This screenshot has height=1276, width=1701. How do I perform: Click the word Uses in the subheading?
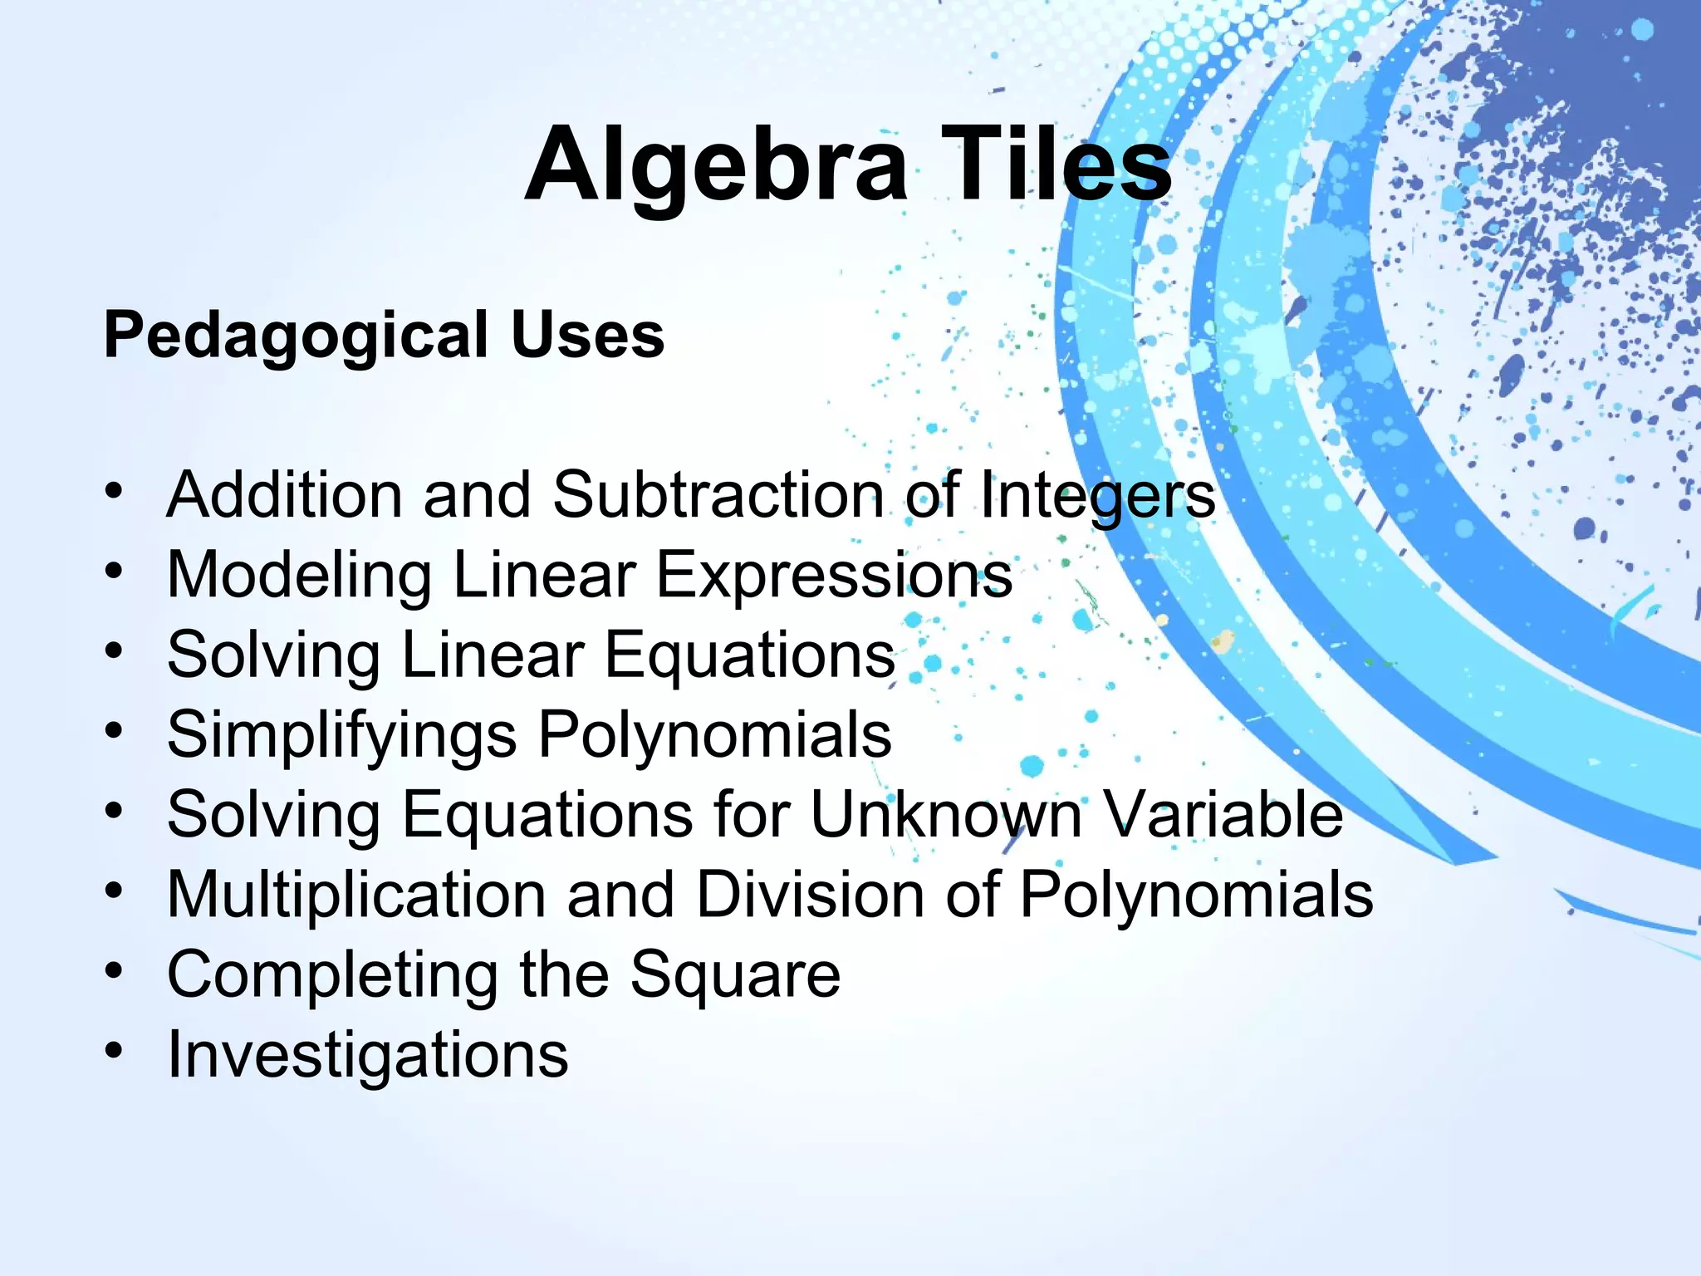[587, 335]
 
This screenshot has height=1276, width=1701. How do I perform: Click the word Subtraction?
[718, 495]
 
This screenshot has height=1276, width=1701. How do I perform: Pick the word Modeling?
[299, 576]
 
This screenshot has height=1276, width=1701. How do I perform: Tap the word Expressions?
[834, 576]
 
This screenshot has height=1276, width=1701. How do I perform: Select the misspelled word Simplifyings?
[341, 736]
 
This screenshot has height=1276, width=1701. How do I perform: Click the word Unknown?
[945, 814]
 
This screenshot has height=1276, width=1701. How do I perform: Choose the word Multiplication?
[356, 896]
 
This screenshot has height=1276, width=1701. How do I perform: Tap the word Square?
[735, 975]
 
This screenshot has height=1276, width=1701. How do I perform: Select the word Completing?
[332, 975]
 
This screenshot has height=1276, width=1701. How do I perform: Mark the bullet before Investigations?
[114, 1051]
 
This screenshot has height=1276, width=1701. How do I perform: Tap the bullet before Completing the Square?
[114, 970]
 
